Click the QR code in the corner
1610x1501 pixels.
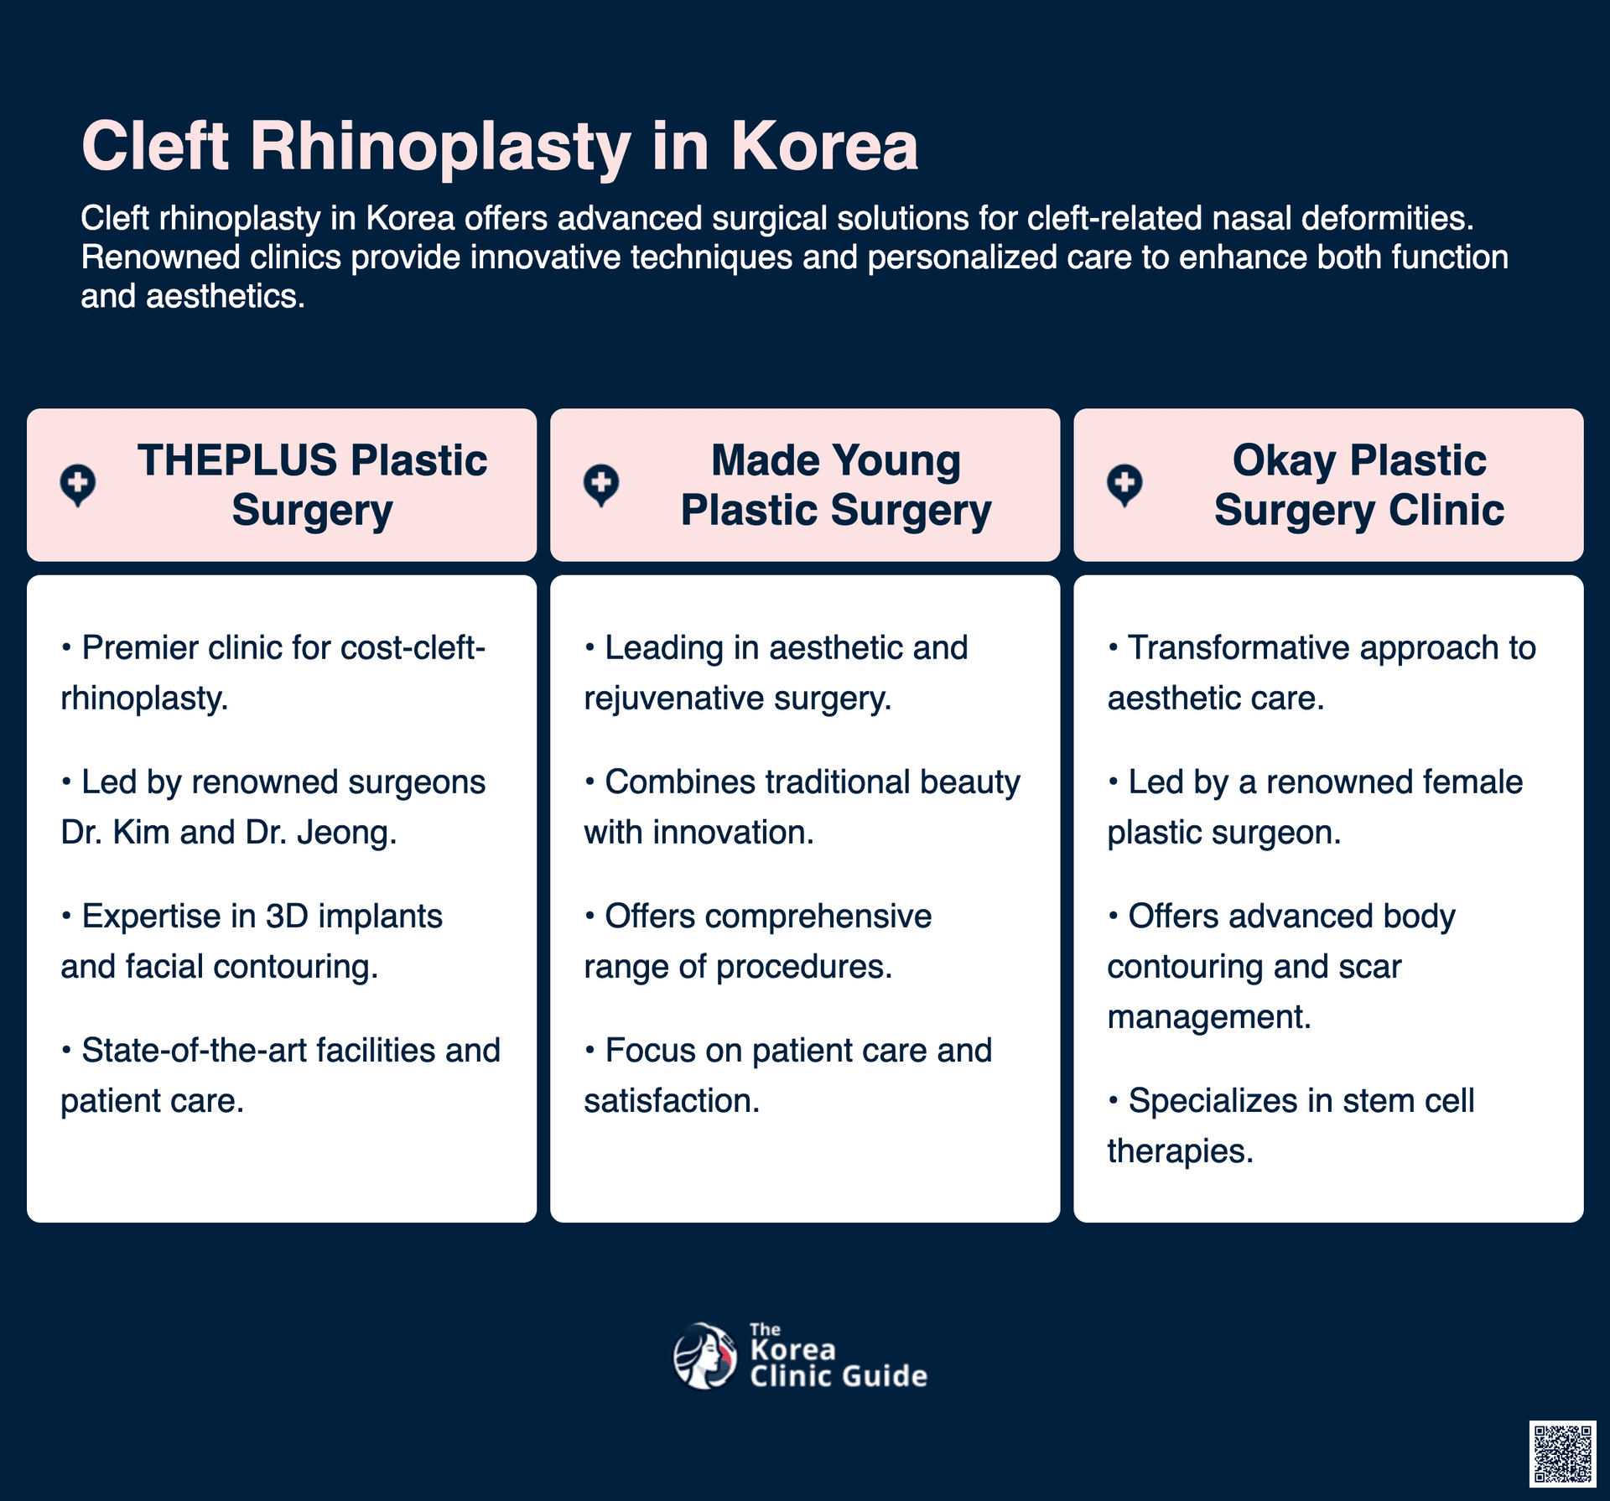click(x=1562, y=1453)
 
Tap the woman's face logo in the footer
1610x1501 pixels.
click(x=705, y=1355)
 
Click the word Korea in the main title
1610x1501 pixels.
click(x=824, y=146)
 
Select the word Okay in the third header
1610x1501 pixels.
click(x=1284, y=462)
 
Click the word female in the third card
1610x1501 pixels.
click(x=1477, y=782)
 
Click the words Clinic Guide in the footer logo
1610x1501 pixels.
click(x=839, y=1376)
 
